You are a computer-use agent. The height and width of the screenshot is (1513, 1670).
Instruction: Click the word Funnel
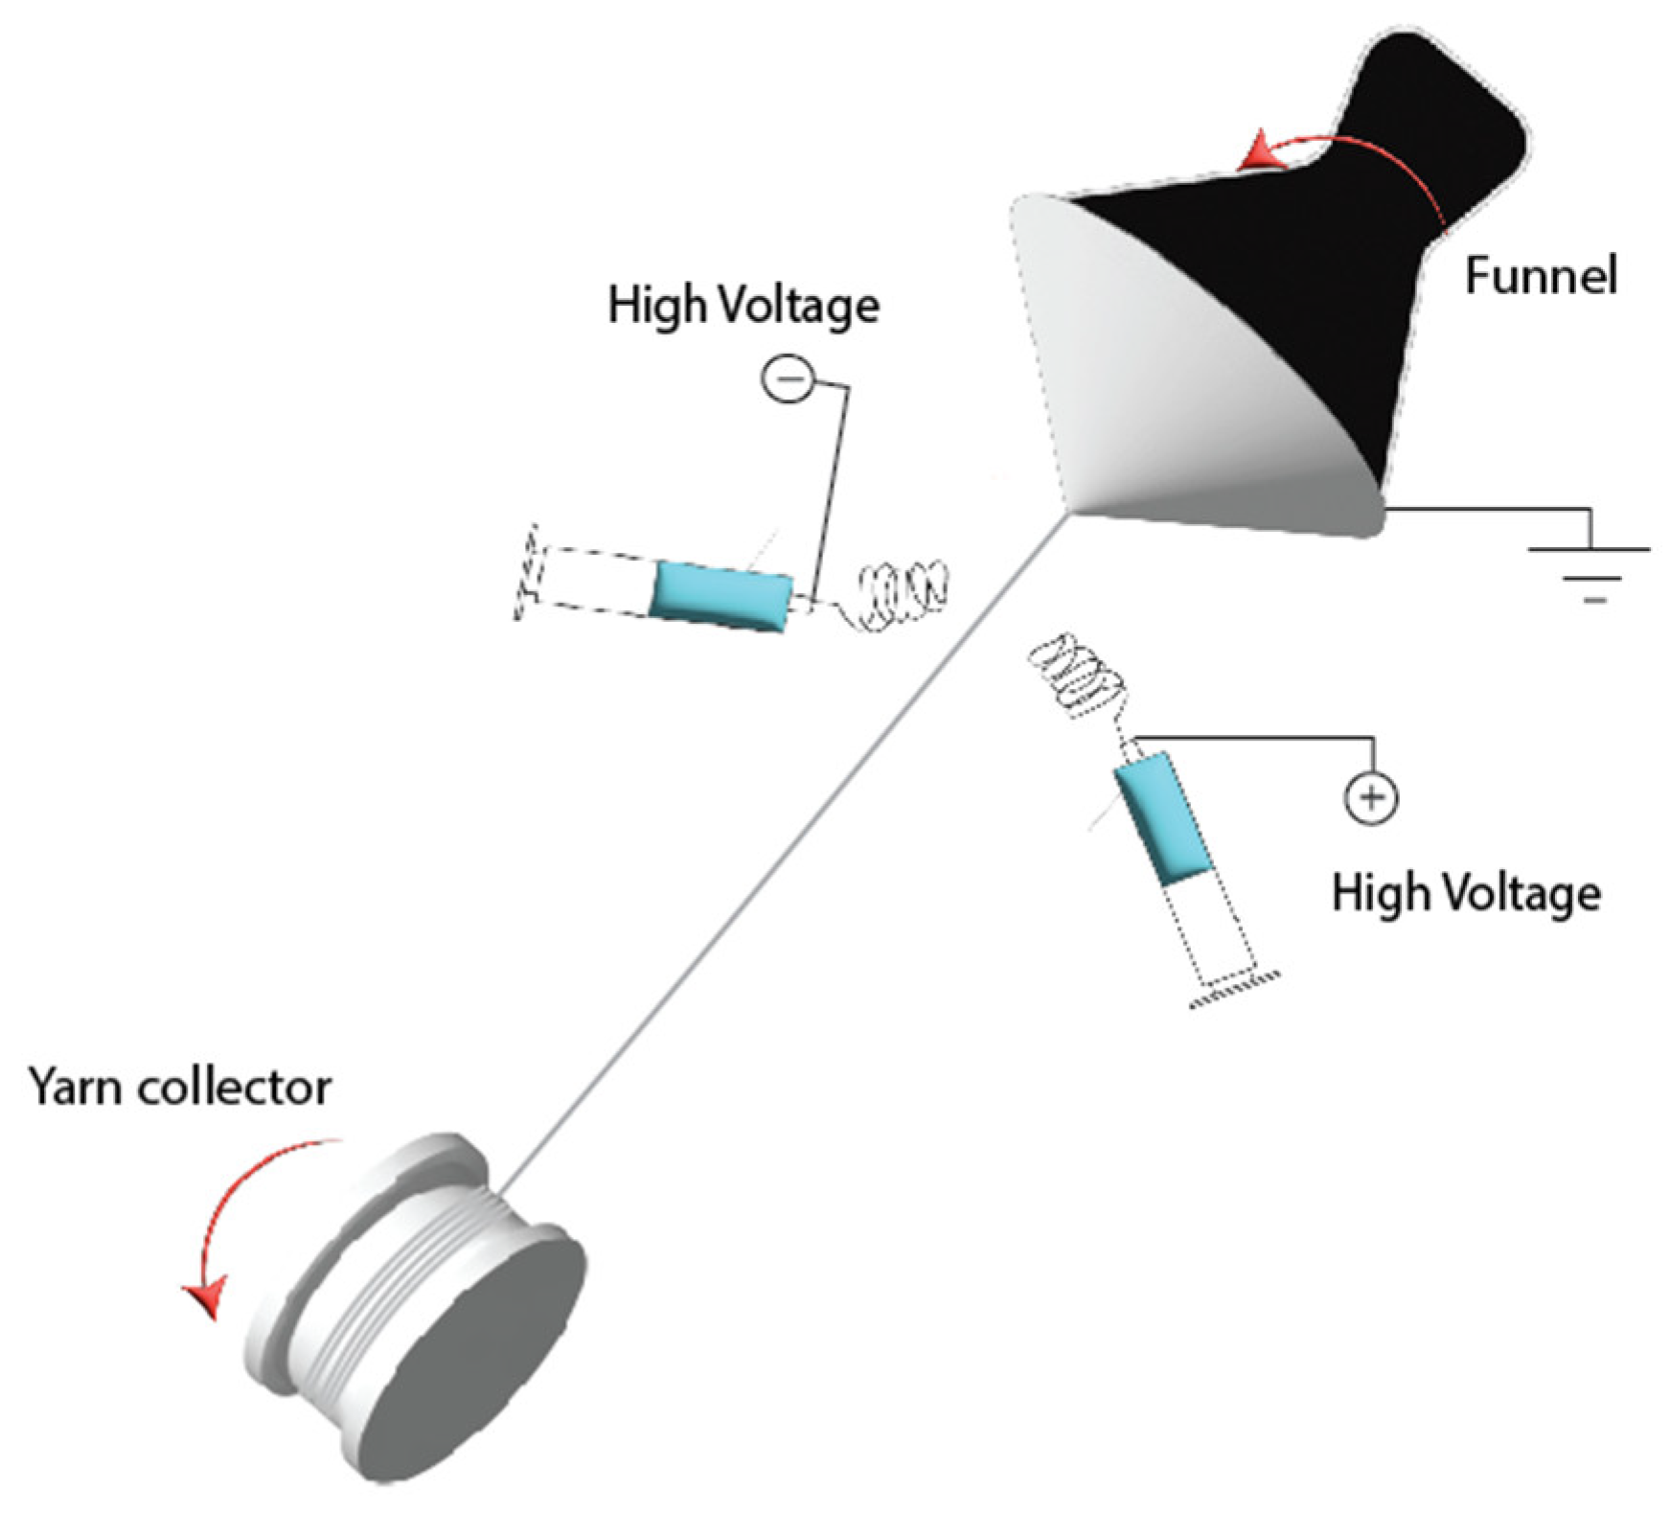tap(1541, 276)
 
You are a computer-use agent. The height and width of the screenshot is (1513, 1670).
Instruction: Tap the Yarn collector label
tap(180, 1088)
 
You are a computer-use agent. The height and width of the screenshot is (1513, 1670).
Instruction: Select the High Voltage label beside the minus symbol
tap(743, 306)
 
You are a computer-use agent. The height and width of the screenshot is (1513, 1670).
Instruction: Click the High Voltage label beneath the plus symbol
tap(1466, 893)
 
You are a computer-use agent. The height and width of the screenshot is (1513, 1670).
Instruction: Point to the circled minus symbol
tap(788, 379)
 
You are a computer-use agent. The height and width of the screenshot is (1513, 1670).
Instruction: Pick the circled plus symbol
tap(1371, 797)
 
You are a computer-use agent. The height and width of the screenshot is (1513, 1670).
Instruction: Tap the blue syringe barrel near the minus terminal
tap(721, 596)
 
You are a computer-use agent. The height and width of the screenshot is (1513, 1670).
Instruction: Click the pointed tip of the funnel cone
tap(1068, 515)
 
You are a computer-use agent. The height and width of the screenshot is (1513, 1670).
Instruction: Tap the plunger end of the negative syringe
tap(526, 572)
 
